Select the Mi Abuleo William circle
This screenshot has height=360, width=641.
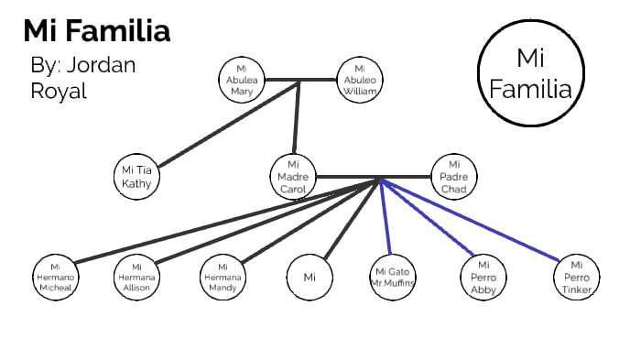tap(360, 81)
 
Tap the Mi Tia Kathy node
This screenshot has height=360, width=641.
tap(136, 176)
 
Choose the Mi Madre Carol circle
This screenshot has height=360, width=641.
tap(293, 176)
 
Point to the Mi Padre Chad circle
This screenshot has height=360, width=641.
tap(453, 176)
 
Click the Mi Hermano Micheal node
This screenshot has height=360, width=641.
tap(54, 277)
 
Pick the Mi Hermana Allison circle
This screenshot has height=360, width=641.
tap(136, 277)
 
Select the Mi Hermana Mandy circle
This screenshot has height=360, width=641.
tap(223, 277)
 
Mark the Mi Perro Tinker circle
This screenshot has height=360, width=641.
tap(577, 277)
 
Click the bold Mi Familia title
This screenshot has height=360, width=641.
tap(96, 30)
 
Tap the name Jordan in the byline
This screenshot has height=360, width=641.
tap(100, 66)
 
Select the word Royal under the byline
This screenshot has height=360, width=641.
tap(59, 92)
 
